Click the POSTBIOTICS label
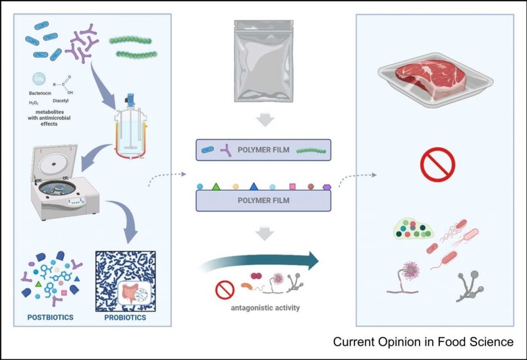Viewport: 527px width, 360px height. tap(50, 317)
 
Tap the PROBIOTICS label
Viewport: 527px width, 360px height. tap(125, 317)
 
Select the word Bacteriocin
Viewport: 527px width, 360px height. tap(40, 93)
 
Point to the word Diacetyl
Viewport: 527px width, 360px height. tap(61, 100)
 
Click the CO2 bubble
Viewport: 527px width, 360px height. tap(39, 79)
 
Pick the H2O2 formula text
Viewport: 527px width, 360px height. tap(33, 103)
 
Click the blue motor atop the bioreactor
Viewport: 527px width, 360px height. tap(130, 99)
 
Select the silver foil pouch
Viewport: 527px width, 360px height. tap(263, 61)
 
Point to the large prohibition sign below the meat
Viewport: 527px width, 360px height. tap(437, 164)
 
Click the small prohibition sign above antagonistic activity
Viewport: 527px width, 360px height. tap(224, 290)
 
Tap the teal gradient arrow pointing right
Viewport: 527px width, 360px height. tap(259, 261)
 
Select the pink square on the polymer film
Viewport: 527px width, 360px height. tap(292, 186)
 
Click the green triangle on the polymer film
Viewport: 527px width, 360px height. tap(216, 186)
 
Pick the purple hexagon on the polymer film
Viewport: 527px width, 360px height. tap(327, 187)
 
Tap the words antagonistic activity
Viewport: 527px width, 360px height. tap(265, 308)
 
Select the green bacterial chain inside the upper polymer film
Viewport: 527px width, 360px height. tap(311, 151)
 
